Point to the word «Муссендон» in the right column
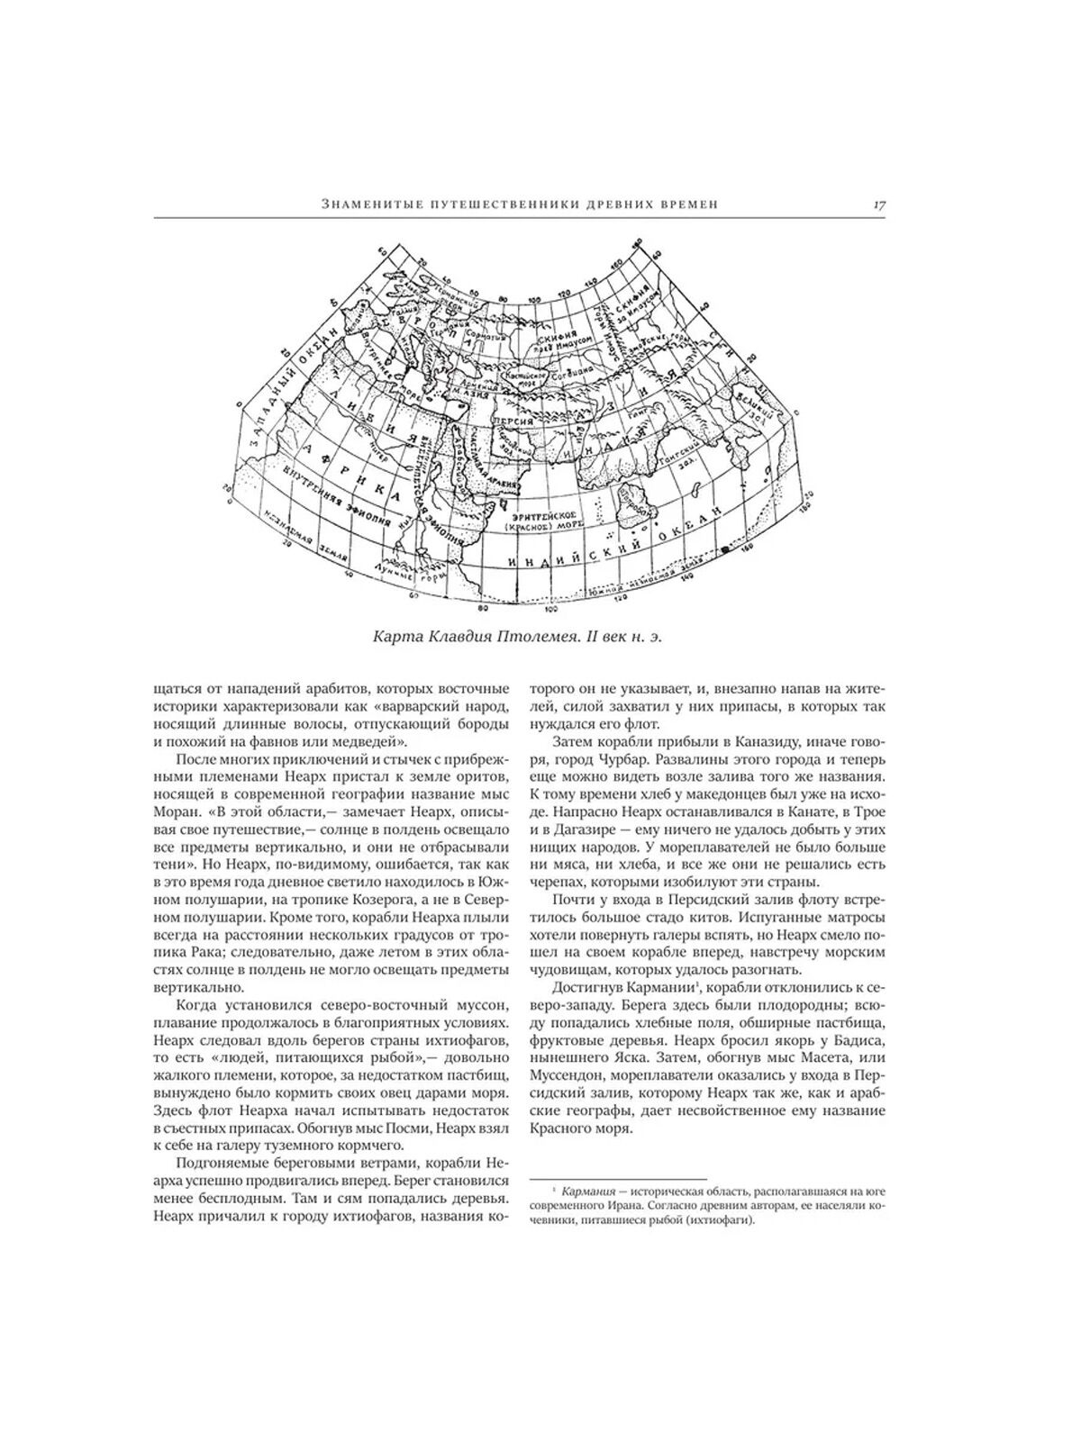pos(577,1075)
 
